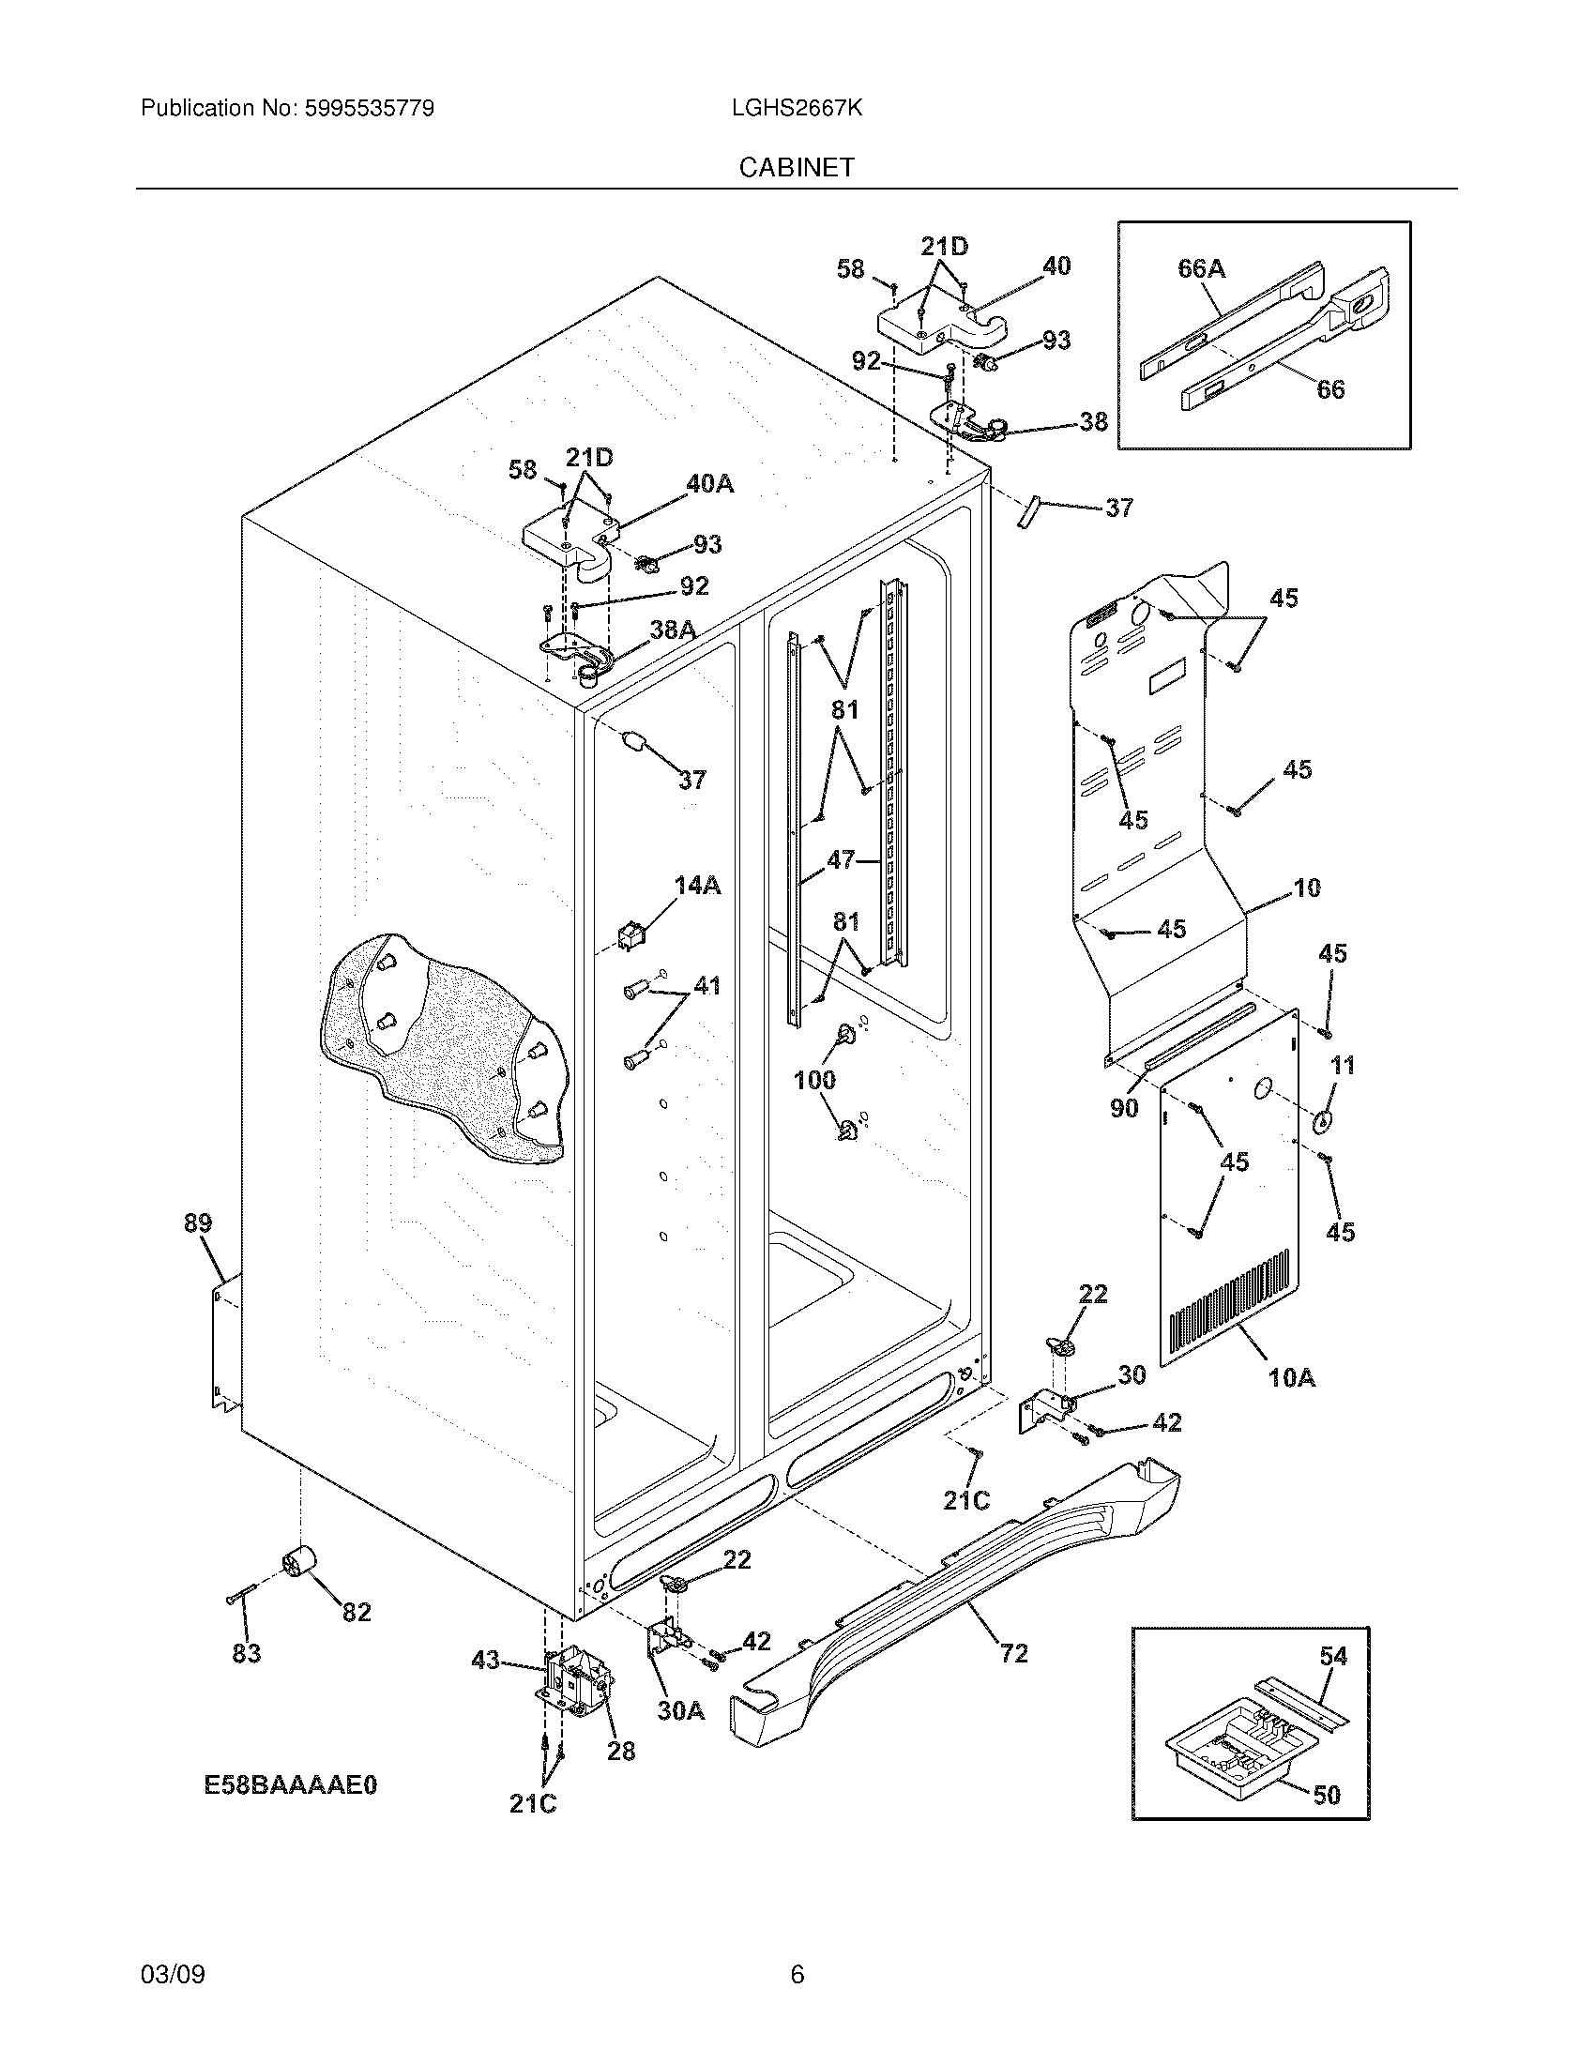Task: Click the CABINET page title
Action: [797, 167]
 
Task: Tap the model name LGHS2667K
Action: [797, 109]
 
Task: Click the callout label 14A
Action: [697, 885]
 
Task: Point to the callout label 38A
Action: [673, 630]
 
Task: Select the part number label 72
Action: [1013, 1653]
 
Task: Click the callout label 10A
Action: [1291, 1378]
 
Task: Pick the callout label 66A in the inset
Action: [1201, 269]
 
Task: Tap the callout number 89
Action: [197, 1222]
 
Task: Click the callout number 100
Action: [814, 1079]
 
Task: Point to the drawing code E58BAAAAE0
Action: [290, 1784]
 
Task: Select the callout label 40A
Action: [709, 484]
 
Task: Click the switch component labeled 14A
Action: [629, 935]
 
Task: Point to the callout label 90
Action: [1123, 1108]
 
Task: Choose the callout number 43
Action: [485, 1660]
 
